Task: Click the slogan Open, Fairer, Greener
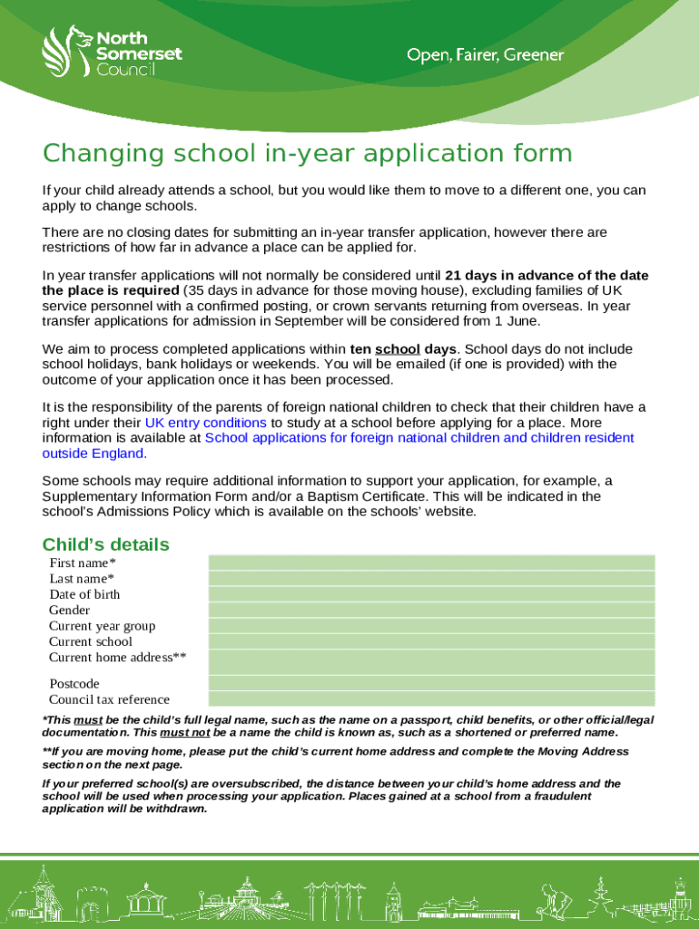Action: point(485,56)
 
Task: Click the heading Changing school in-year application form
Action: point(308,153)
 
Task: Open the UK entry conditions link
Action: point(205,423)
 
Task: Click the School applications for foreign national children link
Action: point(419,438)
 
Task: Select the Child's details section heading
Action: point(105,544)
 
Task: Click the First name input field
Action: point(431,562)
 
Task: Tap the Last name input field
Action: point(431,578)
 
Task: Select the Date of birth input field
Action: point(431,594)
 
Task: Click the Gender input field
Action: point(431,610)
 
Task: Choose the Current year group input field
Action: point(431,626)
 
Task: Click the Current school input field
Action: point(431,641)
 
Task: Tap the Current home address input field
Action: point(431,661)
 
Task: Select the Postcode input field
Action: point(431,683)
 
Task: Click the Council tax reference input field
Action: point(431,699)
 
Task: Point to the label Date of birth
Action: point(84,594)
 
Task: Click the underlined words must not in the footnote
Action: point(185,732)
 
